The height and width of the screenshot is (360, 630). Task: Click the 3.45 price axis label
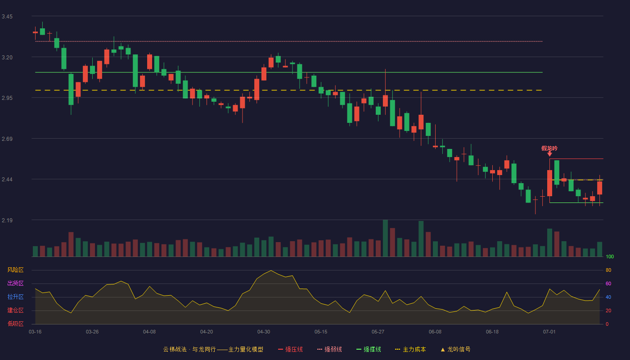(x=7, y=17)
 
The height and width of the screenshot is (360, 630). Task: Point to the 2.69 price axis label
(x=7, y=139)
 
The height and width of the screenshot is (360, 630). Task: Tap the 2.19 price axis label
(x=7, y=220)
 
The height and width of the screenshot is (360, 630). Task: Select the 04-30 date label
(x=264, y=332)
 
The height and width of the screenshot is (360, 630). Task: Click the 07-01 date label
(x=549, y=332)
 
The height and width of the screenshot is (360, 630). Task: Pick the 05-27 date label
(x=378, y=332)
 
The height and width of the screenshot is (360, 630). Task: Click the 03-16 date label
(x=35, y=332)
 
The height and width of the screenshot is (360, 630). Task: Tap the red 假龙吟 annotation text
(x=549, y=148)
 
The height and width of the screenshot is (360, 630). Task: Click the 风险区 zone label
(x=15, y=270)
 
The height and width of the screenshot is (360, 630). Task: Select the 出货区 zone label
(x=15, y=283)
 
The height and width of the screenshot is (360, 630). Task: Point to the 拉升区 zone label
(x=15, y=297)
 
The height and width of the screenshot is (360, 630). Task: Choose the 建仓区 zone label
(x=15, y=310)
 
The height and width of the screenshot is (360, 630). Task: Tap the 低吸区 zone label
(x=15, y=324)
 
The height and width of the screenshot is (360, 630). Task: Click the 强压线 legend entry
(x=291, y=349)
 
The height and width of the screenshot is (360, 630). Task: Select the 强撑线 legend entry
(x=369, y=349)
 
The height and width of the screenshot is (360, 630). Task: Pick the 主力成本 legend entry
(x=410, y=349)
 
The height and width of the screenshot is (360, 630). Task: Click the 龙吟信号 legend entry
(x=455, y=349)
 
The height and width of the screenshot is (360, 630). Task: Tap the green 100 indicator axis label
(x=610, y=256)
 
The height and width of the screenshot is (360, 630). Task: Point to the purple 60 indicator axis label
(x=608, y=283)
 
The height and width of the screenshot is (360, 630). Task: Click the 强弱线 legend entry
(x=329, y=349)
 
